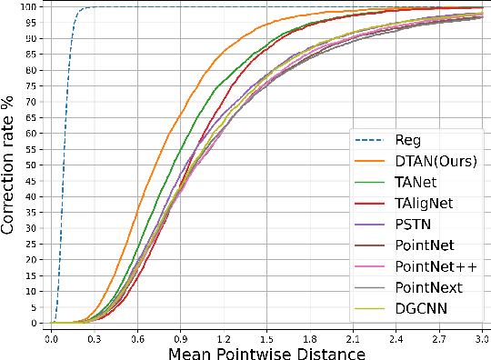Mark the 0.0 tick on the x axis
point(53,335)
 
